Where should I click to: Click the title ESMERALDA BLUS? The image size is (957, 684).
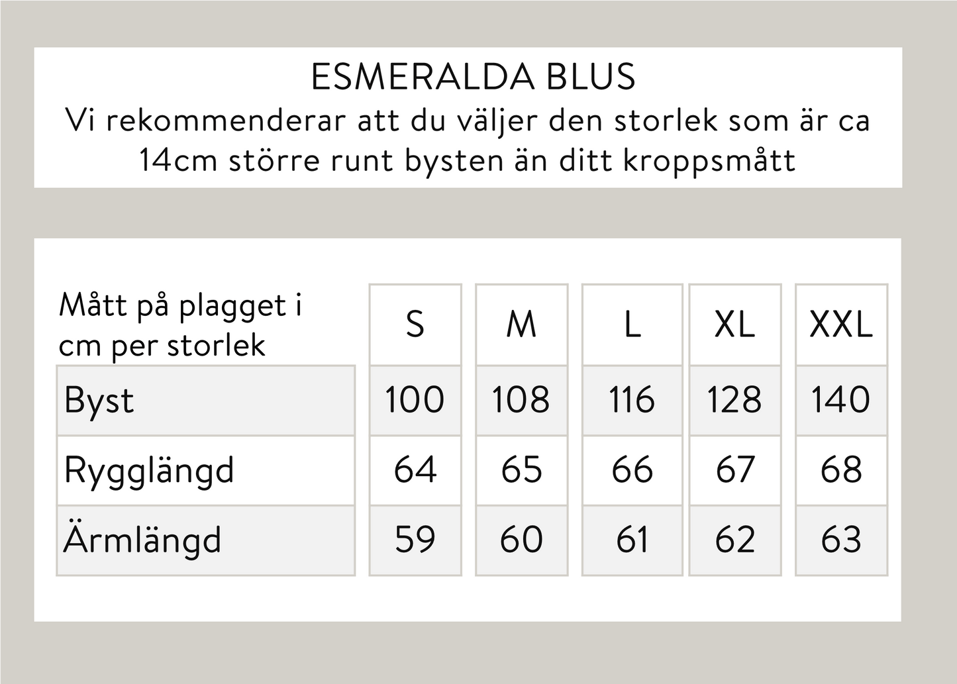point(473,77)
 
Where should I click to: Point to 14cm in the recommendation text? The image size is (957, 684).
point(177,160)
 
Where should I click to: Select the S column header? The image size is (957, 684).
point(415,324)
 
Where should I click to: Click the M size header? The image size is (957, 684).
point(521,324)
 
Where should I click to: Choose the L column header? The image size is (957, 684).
point(632,324)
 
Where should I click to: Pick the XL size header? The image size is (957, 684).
point(735,324)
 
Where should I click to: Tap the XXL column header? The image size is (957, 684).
point(841,324)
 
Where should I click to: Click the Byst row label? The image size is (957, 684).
point(99,401)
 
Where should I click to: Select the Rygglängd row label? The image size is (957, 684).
point(149,471)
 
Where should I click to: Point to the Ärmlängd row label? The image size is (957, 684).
point(142,540)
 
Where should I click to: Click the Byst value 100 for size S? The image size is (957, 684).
point(415,400)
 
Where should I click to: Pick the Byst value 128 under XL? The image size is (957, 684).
point(734,400)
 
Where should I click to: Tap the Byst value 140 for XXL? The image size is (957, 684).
point(841,400)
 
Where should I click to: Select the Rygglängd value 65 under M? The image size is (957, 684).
point(521,470)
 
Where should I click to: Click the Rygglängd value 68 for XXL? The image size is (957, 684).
point(841,470)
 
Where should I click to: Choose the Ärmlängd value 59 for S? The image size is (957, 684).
point(415,540)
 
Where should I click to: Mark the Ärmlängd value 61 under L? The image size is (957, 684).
point(632,540)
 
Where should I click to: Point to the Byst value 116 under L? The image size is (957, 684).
point(632,400)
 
